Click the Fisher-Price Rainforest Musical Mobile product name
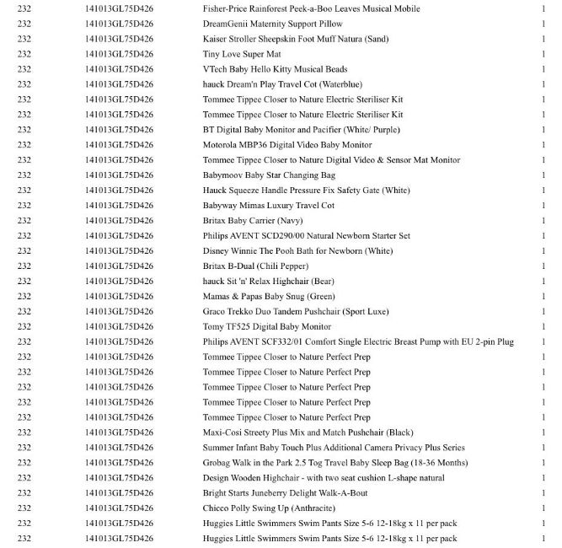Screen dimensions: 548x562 pyautogui.click(x=311, y=8)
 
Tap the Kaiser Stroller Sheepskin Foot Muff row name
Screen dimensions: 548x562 pyautogui.click(x=296, y=39)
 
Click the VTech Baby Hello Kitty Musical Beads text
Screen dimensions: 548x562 pyautogui.click(x=275, y=69)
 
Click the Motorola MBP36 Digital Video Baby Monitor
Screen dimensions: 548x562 pyautogui.click(x=286, y=145)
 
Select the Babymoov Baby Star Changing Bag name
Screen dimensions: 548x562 pyautogui.click(x=269, y=175)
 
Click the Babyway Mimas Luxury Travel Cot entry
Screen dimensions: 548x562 pyautogui.click(x=269, y=206)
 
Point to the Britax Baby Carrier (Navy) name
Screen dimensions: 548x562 pyautogui.click(x=253, y=221)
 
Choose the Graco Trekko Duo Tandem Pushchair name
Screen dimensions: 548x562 pyautogui.click(x=296, y=312)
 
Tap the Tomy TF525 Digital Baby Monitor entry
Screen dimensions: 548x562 pyautogui.click(x=266, y=327)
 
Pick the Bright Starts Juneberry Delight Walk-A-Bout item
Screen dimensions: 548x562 pyautogui.click(x=284, y=493)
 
